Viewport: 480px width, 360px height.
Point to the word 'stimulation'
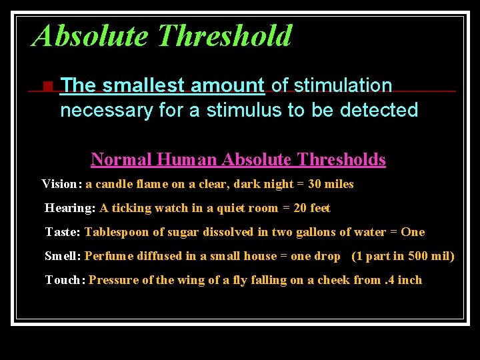pyautogui.click(x=343, y=85)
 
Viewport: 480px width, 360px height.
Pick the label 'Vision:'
pyautogui.click(x=62, y=184)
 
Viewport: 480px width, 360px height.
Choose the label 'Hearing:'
pyautogui.click(x=70, y=208)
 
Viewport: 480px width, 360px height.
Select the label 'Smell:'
pyautogui.click(x=63, y=256)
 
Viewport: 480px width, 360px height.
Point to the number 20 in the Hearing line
pyautogui.click(x=300, y=208)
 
